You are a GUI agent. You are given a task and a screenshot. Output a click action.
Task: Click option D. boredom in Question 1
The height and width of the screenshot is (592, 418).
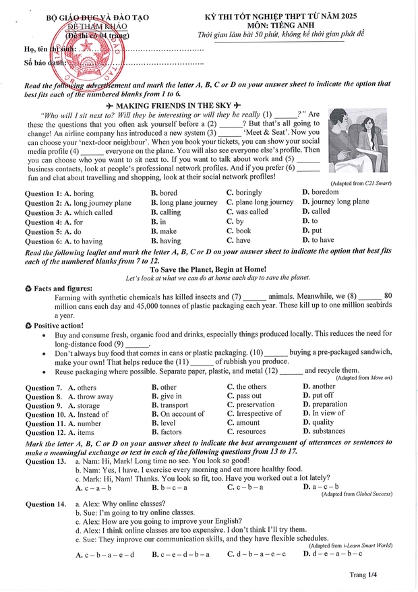320,193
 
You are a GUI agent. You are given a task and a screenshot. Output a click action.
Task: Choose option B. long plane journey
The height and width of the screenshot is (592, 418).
184,202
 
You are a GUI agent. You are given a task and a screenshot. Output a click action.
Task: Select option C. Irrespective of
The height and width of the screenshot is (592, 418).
254,414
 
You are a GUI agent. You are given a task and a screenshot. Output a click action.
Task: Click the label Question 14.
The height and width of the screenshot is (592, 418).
45,504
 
